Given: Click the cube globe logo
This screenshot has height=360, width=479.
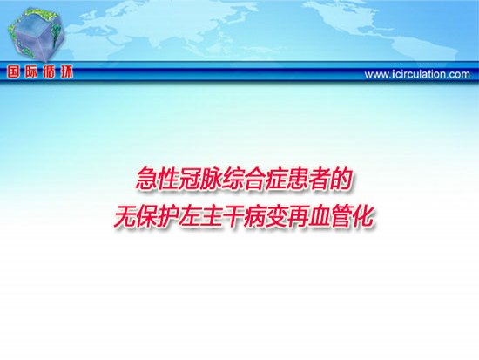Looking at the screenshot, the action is point(37,34).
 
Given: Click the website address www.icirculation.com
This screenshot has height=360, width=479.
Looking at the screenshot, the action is point(417,74).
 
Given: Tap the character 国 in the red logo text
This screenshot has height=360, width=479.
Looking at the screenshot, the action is point(13,72).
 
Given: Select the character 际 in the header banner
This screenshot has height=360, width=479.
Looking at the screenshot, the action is point(30,72).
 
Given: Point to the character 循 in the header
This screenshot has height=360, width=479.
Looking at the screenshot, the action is point(49,72).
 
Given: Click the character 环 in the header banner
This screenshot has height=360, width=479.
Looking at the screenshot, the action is point(66,72).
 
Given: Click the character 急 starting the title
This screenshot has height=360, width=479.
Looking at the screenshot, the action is point(146,179).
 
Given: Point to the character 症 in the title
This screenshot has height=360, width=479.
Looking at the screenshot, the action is point(276,179).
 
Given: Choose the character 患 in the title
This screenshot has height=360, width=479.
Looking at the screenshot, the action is point(298,179).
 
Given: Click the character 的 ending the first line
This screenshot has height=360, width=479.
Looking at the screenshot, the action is point(341,179).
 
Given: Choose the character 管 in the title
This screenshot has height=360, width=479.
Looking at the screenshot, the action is point(341,216).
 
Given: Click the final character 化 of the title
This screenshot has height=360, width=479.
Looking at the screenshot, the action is point(363,216).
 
